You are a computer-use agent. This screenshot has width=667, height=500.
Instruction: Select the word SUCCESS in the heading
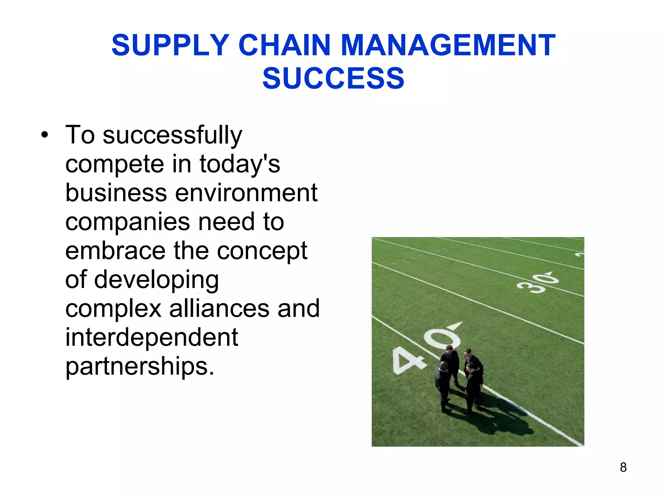pos(333,78)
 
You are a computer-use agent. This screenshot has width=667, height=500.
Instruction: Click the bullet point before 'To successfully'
pos(45,135)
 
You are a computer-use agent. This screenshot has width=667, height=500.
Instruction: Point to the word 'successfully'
pos(172,135)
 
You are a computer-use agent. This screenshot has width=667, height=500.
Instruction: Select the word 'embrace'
pos(115,251)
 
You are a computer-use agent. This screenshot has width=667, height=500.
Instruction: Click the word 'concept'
pos(262,251)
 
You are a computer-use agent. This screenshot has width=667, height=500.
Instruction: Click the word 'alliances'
pos(219,309)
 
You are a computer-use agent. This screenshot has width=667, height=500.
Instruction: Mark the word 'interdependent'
pos(152,337)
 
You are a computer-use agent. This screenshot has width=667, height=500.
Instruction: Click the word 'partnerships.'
pos(140,367)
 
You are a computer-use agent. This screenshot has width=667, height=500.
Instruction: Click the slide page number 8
pos(623,467)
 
